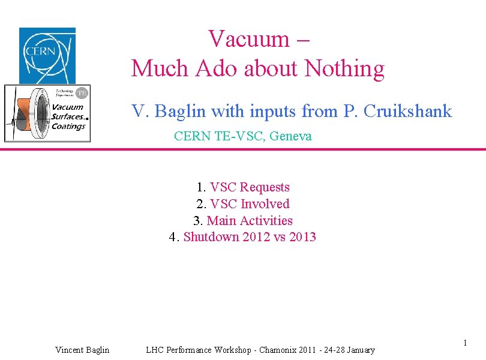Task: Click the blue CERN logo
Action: click(x=47, y=55)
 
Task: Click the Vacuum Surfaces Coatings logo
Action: click(x=47, y=113)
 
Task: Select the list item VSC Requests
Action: click(x=250, y=187)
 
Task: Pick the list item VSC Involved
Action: click(x=250, y=204)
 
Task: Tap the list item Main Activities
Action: click(x=250, y=220)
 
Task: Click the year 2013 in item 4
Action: click(x=302, y=237)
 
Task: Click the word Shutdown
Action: click(x=211, y=237)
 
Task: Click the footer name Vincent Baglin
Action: click(x=82, y=350)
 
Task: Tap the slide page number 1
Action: click(x=464, y=343)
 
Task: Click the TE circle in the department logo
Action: click(x=82, y=92)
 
